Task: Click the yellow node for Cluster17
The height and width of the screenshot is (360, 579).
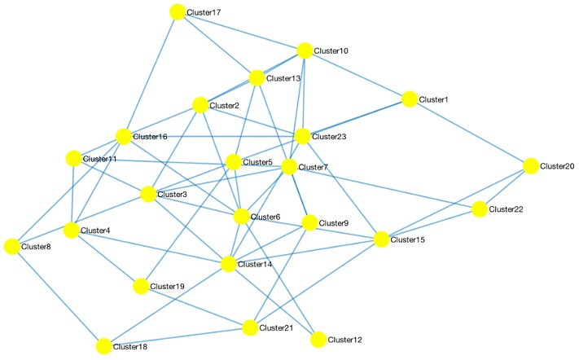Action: (x=178, y=12)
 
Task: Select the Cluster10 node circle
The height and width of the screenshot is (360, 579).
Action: (x=305, y=50)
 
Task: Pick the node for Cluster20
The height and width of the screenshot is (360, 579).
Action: (x=531, y=166)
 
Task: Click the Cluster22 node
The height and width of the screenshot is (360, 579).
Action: (x=479, y=209)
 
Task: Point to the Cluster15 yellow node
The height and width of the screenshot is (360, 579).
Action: (x=381, y=239)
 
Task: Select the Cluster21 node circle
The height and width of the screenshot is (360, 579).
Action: (x=250, y=327)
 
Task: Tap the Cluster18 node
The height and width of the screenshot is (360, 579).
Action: (x=103, y=347)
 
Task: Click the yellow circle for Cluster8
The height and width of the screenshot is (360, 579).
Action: (x=11, y=246)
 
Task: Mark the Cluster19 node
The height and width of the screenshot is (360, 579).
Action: (x=141, y=286)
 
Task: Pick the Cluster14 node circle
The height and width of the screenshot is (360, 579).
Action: (x=228, y=264)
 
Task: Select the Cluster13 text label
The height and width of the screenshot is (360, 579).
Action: (x=283, y=79)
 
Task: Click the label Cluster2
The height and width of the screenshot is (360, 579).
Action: (x=224, y=106)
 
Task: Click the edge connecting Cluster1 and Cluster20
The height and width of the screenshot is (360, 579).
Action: (x=469, y=133)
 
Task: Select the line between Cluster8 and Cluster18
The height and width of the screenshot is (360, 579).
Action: (x=57, y=296)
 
